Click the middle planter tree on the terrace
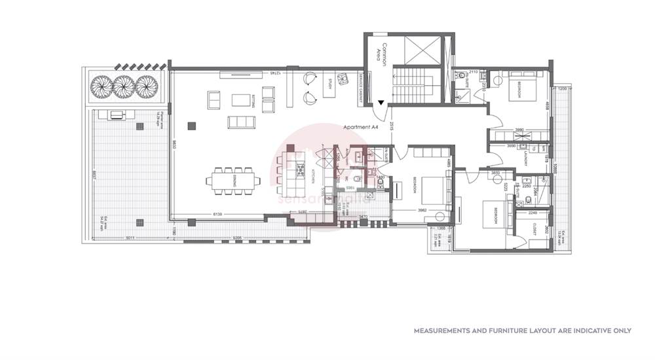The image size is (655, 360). coord(122,86)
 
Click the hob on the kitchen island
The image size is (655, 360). coord(301,169)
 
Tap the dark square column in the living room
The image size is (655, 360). coord(191,126)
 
